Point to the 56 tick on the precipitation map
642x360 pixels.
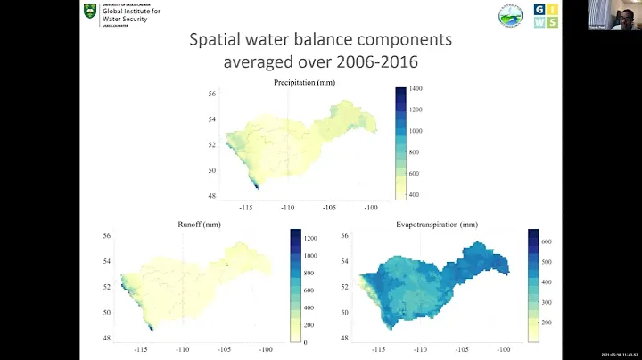pos(212,94)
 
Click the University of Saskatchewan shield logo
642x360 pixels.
pos(89,13)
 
